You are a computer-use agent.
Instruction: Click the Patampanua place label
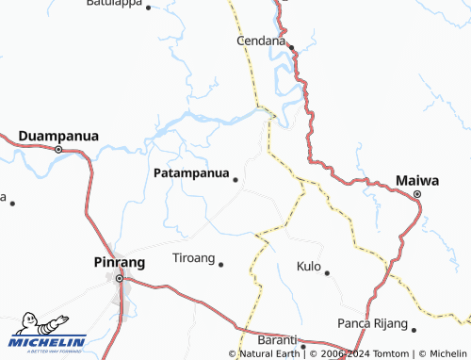coord(189,173)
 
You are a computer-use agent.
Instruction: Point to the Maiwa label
coord(417,180)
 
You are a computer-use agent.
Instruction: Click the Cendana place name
coord(260,41)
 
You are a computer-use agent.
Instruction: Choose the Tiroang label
coord(193,258)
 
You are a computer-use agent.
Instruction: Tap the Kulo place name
coord(309,267)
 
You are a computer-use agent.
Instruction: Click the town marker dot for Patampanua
coord(235,179)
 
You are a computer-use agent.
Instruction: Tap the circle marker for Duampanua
coord(58,149)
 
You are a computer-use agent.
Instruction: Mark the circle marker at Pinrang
coord(119,278)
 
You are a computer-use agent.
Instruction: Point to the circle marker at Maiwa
coord(417,194)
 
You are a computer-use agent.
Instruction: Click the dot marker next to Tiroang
coord(221,264)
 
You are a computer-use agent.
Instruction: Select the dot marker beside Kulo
coord(327,272)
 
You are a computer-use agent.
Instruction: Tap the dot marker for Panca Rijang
coord(414,329)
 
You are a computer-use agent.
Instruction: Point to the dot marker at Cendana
coord(291,47)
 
